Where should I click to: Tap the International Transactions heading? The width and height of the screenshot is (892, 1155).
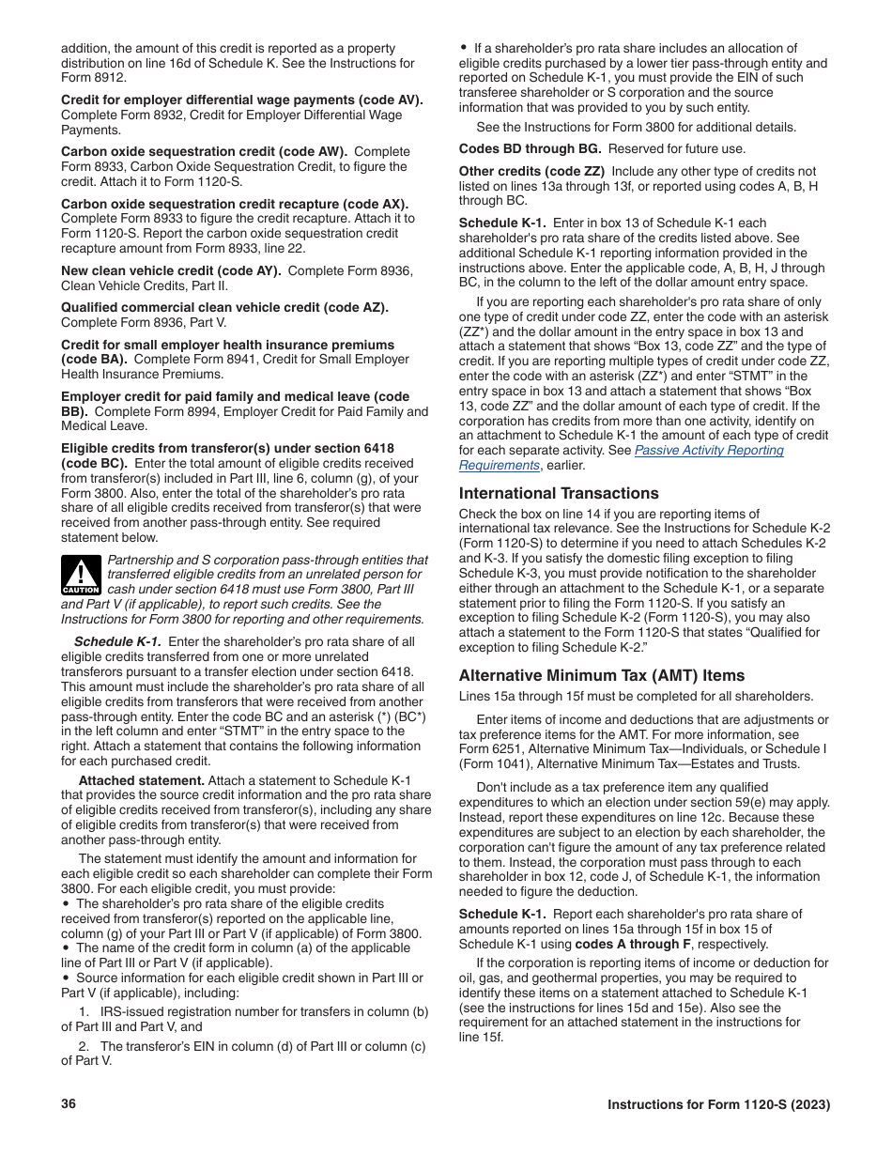(559, 493)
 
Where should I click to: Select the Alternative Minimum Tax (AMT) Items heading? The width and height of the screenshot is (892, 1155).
(601, 675)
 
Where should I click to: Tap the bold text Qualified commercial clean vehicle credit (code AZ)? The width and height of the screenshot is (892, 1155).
(224, 307)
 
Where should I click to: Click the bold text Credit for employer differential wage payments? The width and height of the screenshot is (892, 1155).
(241, 100)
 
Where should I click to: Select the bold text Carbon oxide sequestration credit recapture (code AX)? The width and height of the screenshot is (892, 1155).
(235, 203)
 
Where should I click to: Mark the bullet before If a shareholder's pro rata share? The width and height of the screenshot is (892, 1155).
(464, 48)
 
